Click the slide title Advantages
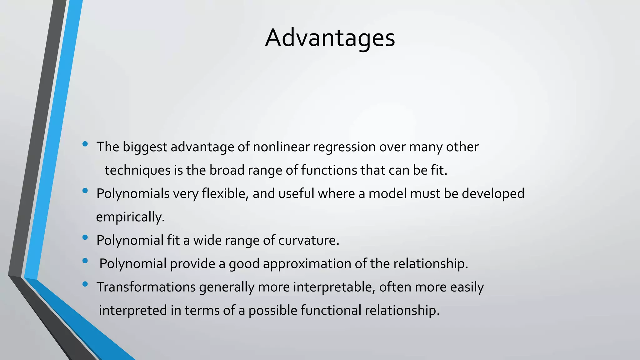pos(330,38)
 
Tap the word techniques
pos(137,170)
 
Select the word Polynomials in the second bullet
pos(133,194)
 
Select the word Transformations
pos(146,287)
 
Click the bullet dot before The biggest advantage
pos(85,144)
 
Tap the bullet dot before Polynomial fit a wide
pos(85,237)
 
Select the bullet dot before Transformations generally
pos(85,284)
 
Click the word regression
pos(344,147)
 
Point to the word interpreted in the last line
pos(133,310)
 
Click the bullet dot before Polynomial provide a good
pos(85,261)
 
